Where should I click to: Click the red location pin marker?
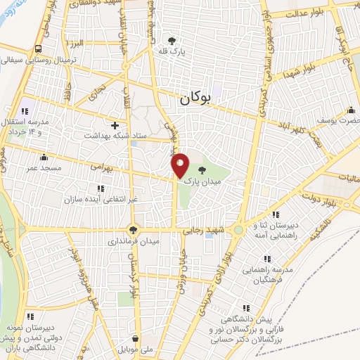click(180, 165)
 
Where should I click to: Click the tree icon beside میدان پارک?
click(202, 169)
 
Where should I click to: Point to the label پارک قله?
click(172, 51)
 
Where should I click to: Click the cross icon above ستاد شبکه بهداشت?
click(115, 124)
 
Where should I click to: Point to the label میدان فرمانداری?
click(134, 240)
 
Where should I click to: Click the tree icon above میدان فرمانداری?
click(134, 229)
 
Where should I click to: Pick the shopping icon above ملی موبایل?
click(136, 338)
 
